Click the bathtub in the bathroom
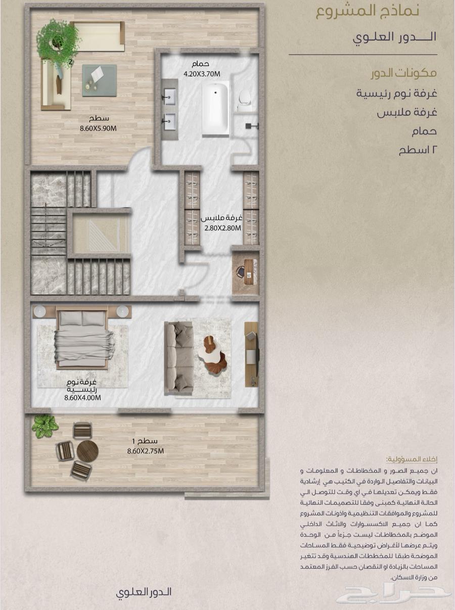[216, 109]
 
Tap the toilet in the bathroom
[245, 99]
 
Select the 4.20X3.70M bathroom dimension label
[202, 74]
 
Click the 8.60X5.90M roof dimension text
[98, 128]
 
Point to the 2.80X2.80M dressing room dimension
[222, 228]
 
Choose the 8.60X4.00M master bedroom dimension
[82, 398]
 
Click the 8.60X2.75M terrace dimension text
[146, 451]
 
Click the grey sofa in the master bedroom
[179, 358]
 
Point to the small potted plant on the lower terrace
[45, 427]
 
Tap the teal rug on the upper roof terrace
[99, 80]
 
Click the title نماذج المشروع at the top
[368, 12]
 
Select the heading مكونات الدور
[403, 73]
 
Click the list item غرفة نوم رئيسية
[397, 93]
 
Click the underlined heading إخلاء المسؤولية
[412, 459]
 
